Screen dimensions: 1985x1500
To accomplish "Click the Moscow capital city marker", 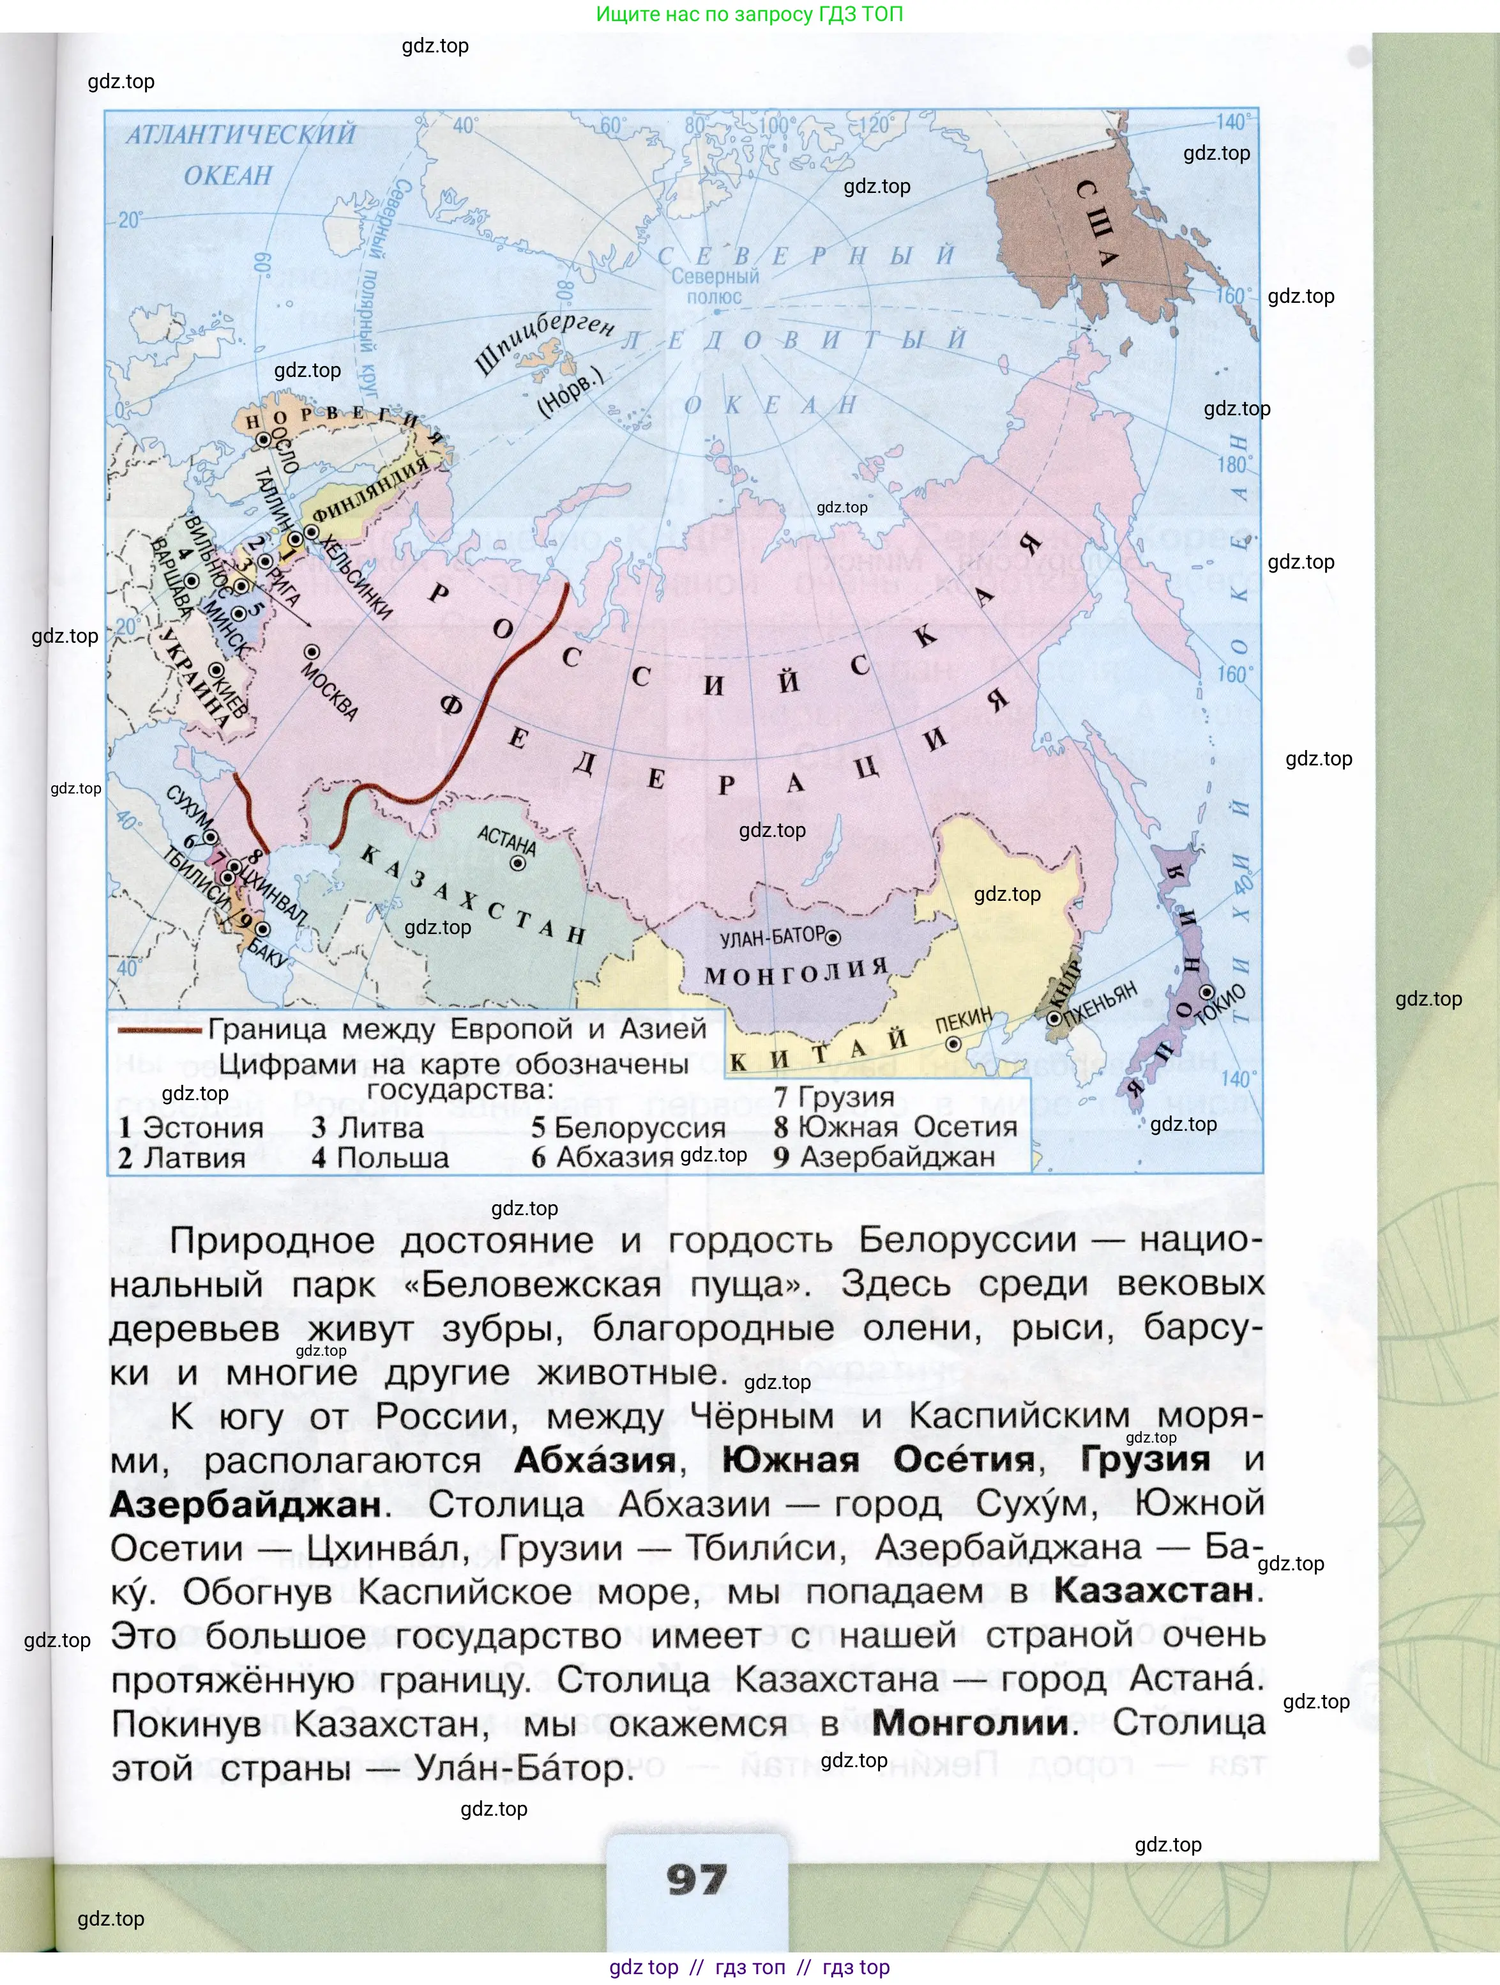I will pos(312,652).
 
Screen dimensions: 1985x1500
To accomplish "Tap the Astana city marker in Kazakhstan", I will pos(518,863).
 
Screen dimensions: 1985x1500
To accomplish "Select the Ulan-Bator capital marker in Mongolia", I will pos(833,938).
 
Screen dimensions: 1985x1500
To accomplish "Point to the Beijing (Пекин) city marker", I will pos(953,1045).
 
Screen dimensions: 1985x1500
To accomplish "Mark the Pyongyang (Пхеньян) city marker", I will pos(1054,1018).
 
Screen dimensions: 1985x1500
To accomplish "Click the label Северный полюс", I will pos(715,286).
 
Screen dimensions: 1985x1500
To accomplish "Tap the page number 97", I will pos(697,1879).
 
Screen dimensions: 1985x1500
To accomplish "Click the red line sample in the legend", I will pos(159,1030).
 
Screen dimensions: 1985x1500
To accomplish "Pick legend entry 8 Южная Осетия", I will pos(895,1127).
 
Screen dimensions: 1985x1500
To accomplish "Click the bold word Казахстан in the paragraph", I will pos(1154,1590).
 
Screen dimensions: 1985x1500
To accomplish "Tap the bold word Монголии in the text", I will pos(971,1722).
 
